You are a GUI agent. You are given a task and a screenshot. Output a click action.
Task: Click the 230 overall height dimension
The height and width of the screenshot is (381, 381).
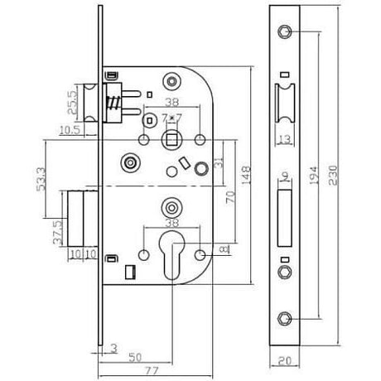coord(333,175)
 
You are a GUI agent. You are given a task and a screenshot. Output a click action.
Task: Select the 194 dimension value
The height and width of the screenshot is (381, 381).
coord(315,176)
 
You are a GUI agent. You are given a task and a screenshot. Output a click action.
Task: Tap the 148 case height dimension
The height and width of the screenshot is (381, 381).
coord(246,176)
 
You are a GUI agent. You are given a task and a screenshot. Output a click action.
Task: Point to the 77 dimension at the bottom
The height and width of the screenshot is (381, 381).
coord(152,370)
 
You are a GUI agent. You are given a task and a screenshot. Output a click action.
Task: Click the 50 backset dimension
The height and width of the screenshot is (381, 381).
coord(135,357)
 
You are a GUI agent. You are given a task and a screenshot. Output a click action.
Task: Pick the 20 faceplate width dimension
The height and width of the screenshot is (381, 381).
coord(285,360)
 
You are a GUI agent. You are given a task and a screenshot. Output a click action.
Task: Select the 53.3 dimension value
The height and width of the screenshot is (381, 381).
coord(41,179)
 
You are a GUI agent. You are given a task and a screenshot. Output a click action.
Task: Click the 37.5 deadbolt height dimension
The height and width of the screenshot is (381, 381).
coord(58,232)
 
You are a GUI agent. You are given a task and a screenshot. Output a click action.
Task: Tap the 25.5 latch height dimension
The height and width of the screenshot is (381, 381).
coord(72,103)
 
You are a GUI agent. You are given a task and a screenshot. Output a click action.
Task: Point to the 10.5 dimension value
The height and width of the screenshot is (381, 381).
coord(70,129)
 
